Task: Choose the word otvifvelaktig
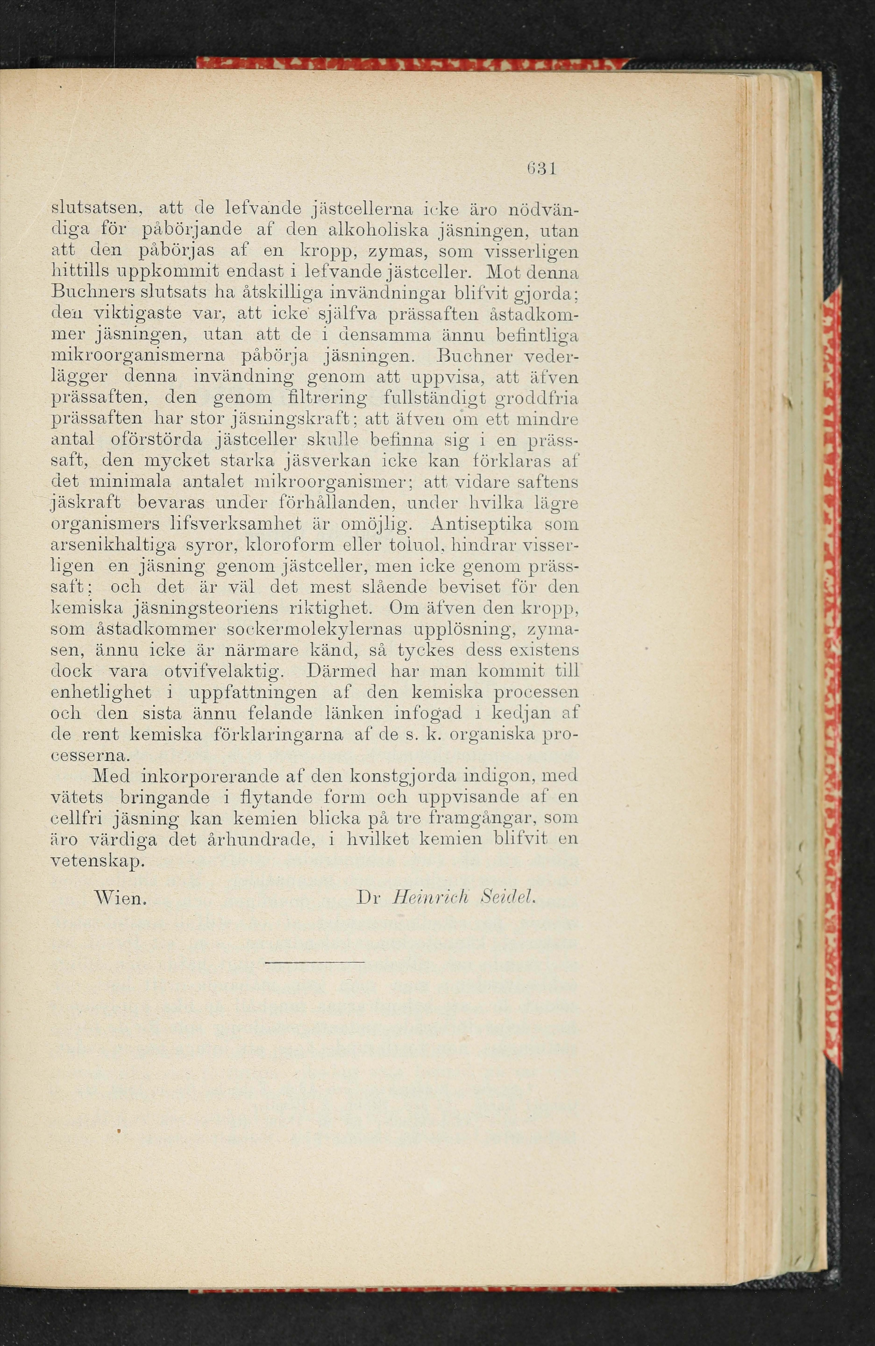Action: pos(223,671)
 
